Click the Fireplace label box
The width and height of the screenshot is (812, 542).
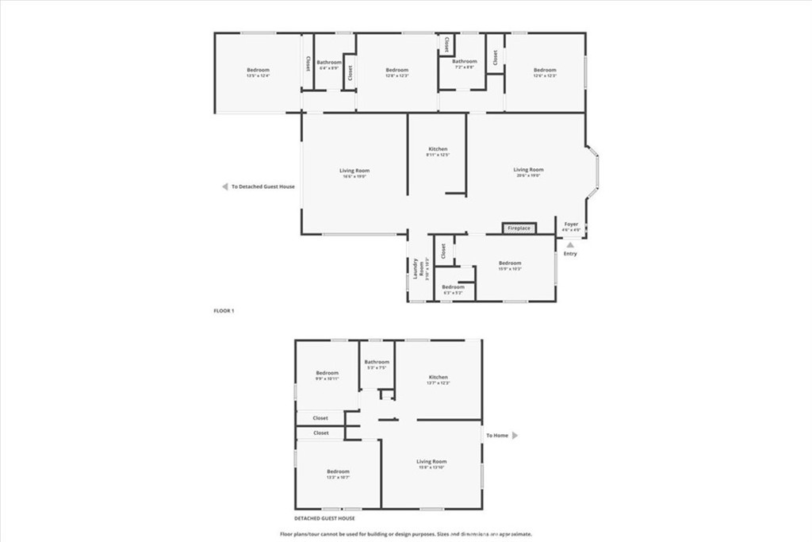[519, 228]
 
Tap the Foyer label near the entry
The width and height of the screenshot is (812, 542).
[571, 225]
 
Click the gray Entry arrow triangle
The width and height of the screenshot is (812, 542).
[569, 245]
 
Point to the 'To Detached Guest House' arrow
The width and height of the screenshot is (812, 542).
[224, 187]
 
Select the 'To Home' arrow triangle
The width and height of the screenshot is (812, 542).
[515, 435]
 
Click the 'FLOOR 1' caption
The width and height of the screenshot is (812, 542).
[224, 310]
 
